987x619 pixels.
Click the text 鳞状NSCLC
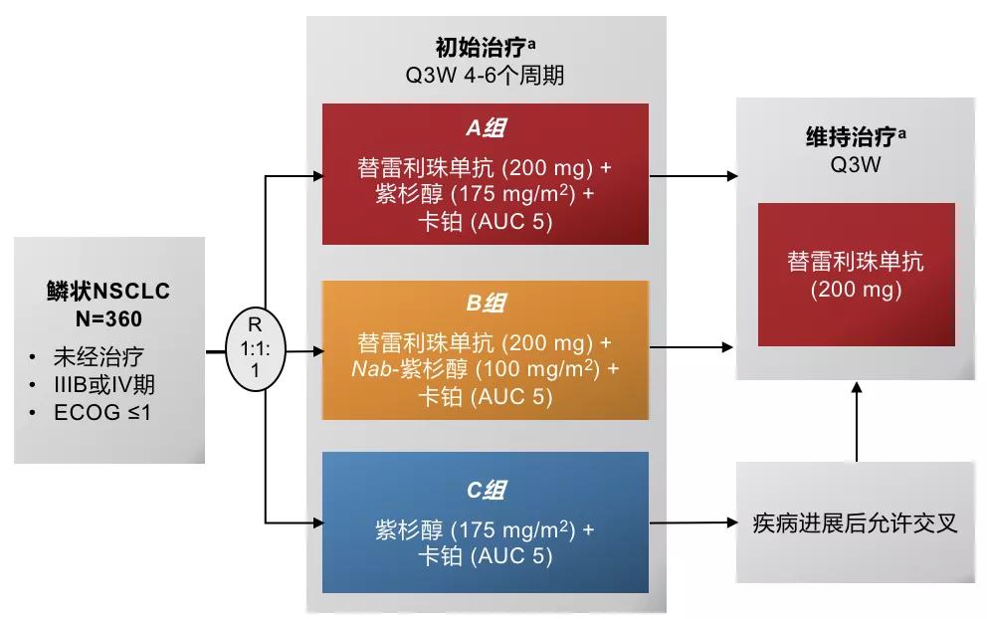(108, 292)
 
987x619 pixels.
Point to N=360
(108, 320)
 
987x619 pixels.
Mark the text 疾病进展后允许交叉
(855, 522)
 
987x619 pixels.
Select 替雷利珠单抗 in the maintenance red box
(856, 262)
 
